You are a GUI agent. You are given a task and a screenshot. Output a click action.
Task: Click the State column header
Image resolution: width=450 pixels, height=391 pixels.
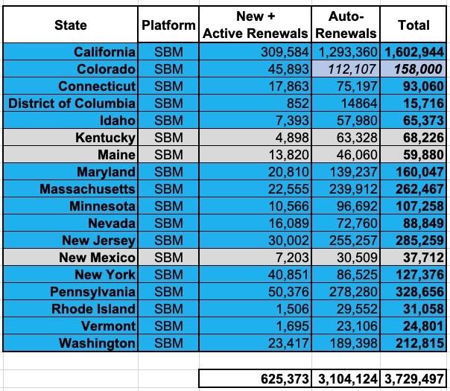click(70, 25)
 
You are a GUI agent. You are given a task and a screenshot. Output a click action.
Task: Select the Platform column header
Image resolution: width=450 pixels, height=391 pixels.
click(168, 25)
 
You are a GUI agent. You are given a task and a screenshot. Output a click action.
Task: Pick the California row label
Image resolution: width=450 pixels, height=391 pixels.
click(105, 52)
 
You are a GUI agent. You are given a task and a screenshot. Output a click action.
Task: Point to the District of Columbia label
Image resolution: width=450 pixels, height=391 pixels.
click(72, 104)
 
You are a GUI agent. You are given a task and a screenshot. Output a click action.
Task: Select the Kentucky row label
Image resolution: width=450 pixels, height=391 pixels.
click(105, 138)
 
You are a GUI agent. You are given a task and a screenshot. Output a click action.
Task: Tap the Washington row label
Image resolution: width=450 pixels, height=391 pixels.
click(99, 343)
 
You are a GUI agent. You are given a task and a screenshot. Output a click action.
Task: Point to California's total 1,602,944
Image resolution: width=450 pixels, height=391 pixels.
click(414, 52)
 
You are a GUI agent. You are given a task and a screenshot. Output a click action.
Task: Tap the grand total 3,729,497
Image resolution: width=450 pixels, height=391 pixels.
click(414, 378)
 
